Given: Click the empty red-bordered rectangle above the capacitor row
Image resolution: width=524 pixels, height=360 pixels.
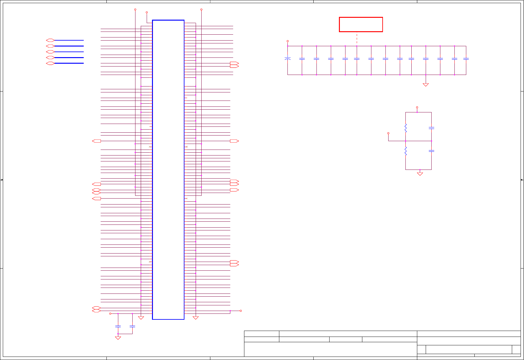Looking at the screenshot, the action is pos(361,24).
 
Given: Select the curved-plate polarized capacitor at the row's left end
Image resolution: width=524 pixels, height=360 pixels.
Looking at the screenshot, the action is pos(288,58).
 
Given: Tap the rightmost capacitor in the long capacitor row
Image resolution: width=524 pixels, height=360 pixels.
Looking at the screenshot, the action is pos(466,59).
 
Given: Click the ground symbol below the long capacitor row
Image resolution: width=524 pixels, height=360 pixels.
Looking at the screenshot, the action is pos(426,85).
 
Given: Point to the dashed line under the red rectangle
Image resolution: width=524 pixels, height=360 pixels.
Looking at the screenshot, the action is pos(357,39).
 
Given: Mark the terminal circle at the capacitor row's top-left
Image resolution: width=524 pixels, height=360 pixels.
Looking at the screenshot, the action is pos(288,41).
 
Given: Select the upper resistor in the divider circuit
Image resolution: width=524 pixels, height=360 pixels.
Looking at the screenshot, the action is pos(406,128).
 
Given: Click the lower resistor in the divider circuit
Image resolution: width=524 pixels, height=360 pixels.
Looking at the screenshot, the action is pos(406,151).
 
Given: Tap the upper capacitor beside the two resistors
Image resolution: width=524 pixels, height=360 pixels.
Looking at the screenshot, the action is pos(431,128).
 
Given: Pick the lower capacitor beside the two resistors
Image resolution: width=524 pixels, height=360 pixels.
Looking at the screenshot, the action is pos(431,151).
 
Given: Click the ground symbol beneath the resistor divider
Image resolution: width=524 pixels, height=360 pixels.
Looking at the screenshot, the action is pos(420,174).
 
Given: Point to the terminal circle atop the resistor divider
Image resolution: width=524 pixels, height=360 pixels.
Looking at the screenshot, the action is pos(417,107).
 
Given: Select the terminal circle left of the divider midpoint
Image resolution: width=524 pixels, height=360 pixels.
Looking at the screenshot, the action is pos(388,133).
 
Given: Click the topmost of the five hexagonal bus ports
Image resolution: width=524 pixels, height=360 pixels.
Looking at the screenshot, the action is pos(50,40).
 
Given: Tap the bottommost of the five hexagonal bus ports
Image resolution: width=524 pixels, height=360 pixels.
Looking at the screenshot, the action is pos(50,63).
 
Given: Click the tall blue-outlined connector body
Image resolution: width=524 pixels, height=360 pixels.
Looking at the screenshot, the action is pos(168,170).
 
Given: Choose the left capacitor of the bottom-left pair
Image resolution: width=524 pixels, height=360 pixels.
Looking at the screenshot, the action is pos(118,326).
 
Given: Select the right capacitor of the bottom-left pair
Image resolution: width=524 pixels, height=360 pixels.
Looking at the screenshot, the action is pos(132,326).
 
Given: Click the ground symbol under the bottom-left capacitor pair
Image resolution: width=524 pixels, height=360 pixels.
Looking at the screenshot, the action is pos(118,338).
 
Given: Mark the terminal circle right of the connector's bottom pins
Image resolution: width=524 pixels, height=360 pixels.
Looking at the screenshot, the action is pos(241,311).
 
